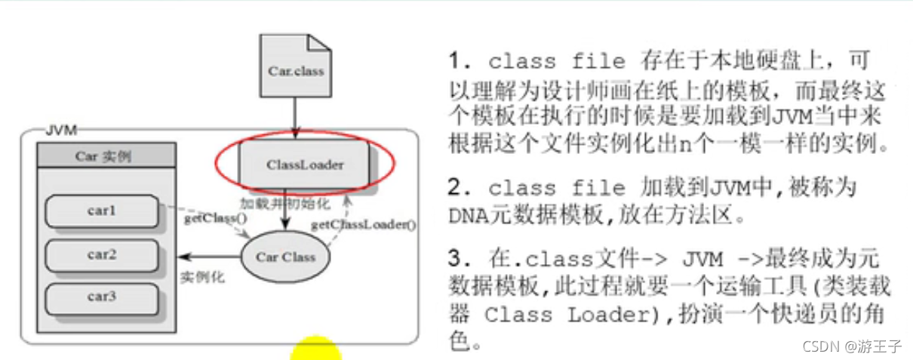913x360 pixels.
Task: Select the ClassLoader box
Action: coord(304,164)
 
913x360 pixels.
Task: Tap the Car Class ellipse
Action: coord(284,257)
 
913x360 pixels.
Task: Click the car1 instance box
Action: coord(102,212)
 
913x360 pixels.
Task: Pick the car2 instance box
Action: coord(102,254)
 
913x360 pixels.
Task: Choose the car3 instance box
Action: coord(102,297)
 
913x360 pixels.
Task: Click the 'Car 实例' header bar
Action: coord(106,156)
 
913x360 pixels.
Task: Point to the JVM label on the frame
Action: coord(61,130)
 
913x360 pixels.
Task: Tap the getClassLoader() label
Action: coord(364,224)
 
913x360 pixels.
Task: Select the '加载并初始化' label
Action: coord(273,204)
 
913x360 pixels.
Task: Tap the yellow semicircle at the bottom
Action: coord(315,349)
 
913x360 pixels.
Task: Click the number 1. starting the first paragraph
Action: coord(457,60)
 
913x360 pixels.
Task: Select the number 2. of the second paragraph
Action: coord(457,188)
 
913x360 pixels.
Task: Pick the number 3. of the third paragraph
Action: coord(457,259)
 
